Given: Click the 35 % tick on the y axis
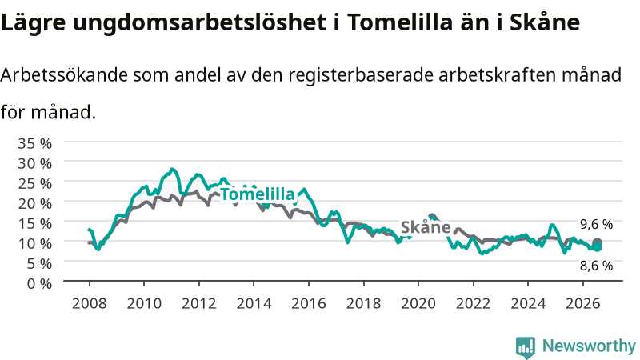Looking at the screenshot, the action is pyautogui.click(x=34, y=144).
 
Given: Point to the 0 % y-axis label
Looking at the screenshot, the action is pyautogui.click(x=39, y=283).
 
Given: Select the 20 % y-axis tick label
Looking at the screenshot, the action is pyautogui.click(x=34, y=203).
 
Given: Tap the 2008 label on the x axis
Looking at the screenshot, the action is pyautogui.click(x=90, y=303).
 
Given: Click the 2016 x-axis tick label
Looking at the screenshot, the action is pyautogui.click(x=309, y=303).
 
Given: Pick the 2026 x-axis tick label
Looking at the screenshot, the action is pyautogui.click(x=583, y=303).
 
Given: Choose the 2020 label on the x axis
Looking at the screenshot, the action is pyautogui.click(x=418, y=303).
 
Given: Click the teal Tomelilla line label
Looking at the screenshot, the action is pyautogui.click(x=258, y=194).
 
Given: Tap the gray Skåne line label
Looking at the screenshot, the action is pyautogui.click(x=426, y=227).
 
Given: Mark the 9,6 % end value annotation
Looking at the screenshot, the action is pyautogui.click(x=596, y=224).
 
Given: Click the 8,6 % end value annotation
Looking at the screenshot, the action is pyautogui.click(x=596, y=266).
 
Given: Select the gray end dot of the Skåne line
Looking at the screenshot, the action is pyautogui.click(x=597, y=243).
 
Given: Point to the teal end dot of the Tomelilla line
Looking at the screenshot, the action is pyautogui.click(x=597, y=247).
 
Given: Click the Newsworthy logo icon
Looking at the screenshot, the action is pyautogui.click(x=526, y=347).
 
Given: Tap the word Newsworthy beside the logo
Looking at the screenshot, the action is pyautogui.click(x=589, y=346).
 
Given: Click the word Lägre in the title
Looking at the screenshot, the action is pyautogui.click(x=33, y=22).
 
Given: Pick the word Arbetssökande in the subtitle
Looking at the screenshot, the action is pyautogui.click(x=64, y=75).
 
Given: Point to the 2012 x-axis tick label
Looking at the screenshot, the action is pyautogui.click(x=198, y=303).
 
